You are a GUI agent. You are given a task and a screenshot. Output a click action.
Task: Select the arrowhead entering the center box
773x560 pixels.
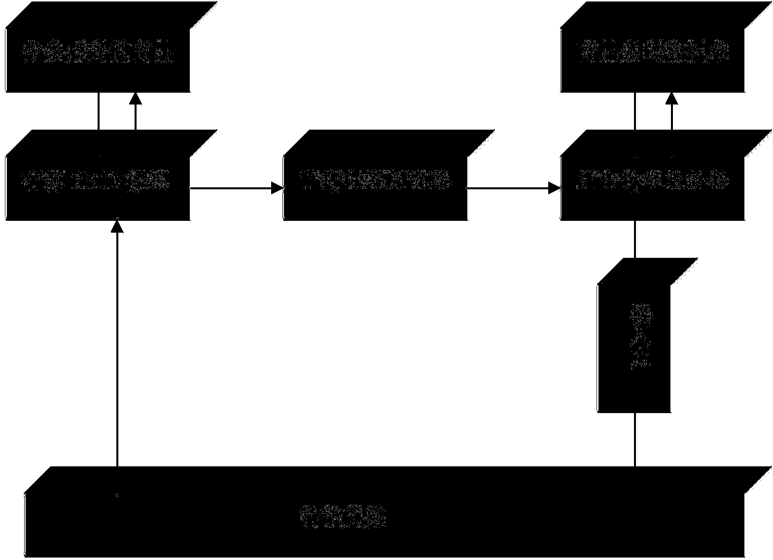click(278, 187)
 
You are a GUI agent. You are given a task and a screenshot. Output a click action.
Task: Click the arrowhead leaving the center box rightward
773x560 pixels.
click(555, 187)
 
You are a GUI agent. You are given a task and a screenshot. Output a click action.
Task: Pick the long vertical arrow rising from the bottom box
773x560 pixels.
click(117, 345)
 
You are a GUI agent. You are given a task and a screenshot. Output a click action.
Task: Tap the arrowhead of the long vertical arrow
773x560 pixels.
click(117, 226)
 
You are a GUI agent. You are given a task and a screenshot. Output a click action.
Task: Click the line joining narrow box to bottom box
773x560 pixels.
click(634, 439)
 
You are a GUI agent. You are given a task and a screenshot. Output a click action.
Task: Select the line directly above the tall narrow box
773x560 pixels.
click(634, 239)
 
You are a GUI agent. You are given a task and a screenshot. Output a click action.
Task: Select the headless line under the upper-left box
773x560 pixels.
click(99, 111)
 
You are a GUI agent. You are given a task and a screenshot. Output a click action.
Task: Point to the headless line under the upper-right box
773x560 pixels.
click(634, 111)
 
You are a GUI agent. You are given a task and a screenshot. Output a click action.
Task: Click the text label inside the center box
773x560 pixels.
click(376, 179)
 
